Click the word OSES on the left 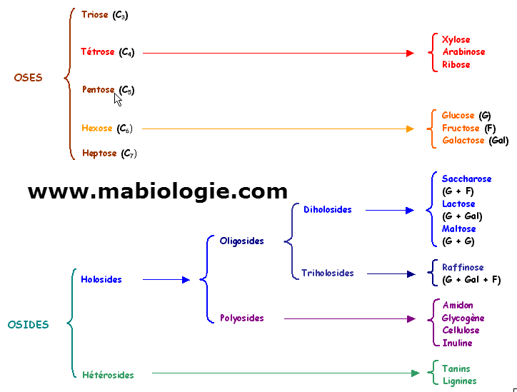click(28, 78)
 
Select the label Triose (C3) click(105, 14)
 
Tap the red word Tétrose click(99, 52)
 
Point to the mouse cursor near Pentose click(118, 99)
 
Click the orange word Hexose click(97, 129)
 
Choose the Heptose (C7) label click(109, 154)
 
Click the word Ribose click(456, 64)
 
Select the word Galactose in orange click(463, 141)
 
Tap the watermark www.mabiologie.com click(158, 191)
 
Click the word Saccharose click(466, 179)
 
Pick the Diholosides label click(327, 210)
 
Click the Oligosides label click(241, 241)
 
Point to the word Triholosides click(327, 273)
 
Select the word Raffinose click(463, 268)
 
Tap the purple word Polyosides click(241, 318)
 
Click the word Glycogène click(463, 318)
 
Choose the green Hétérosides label click(108, 374)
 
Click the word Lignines click(459, 381)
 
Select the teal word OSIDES click(28, 324)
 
